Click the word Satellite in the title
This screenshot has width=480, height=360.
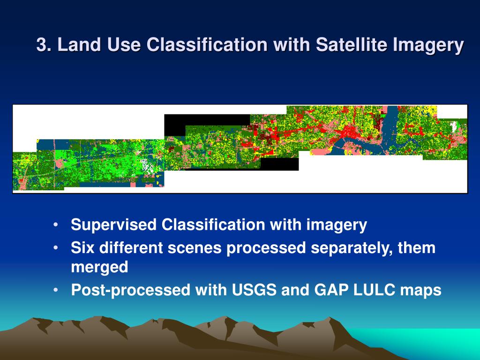[352, 45]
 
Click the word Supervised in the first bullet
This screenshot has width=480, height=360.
[113, 225]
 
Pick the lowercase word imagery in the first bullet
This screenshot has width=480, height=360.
[337, 225]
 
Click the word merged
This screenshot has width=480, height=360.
[99, 267]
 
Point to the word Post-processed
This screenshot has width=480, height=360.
[131, 290]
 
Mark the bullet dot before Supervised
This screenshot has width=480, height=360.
[55, 225]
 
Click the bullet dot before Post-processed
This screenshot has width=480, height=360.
[55, 290]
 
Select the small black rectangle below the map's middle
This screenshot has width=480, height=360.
[279, 164]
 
